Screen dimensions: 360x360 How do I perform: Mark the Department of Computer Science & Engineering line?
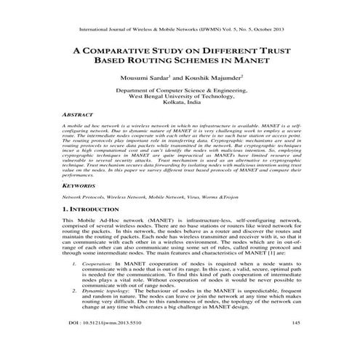180,88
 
